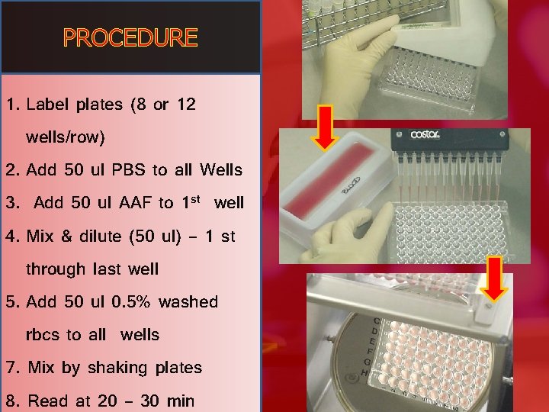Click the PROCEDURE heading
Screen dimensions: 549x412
(130, 38)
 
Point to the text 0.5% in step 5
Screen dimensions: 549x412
(131, 301)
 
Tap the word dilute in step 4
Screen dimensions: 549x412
(101, 236)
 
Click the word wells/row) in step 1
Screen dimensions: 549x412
(65, 137)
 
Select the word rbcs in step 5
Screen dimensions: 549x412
(43, 335)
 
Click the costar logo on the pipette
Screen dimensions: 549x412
(425, 134)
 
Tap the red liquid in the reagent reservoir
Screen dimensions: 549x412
(330, 179)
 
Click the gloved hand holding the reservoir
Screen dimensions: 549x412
(344, 235)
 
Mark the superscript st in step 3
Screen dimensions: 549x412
(196, 199)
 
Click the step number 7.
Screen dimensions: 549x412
(11, 368)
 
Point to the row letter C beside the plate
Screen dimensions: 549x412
(377, 320)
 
